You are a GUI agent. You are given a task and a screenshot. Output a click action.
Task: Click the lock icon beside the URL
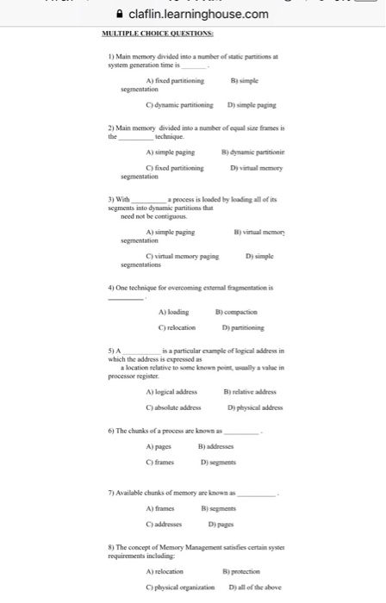tap(119, 15)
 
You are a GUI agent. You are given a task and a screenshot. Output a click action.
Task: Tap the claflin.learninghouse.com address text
tap(198, 15)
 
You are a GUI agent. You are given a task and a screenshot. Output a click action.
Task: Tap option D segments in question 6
tap(222, 463)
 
